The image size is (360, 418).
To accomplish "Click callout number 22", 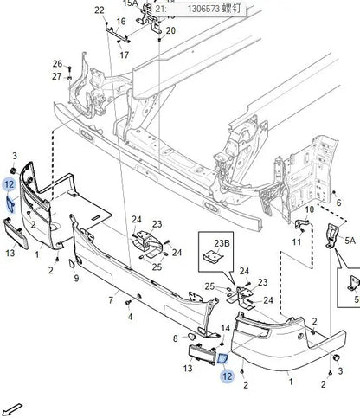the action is [100, 10].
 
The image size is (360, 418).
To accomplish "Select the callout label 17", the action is [124, 55].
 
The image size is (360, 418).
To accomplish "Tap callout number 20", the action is [170, 30].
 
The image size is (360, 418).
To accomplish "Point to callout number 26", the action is [57, 64].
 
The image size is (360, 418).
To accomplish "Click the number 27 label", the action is [57, 76].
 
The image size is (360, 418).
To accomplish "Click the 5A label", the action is [350, 240].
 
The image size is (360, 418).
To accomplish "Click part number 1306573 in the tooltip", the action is [203, 9].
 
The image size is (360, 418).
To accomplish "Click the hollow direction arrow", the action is [13, 408].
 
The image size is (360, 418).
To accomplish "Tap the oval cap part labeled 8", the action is [190, 336].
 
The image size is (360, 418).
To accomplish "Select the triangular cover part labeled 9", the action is [71, 264].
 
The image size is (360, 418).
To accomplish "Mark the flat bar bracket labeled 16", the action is [118, 35].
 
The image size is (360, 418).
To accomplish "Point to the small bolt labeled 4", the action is [128, 303].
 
